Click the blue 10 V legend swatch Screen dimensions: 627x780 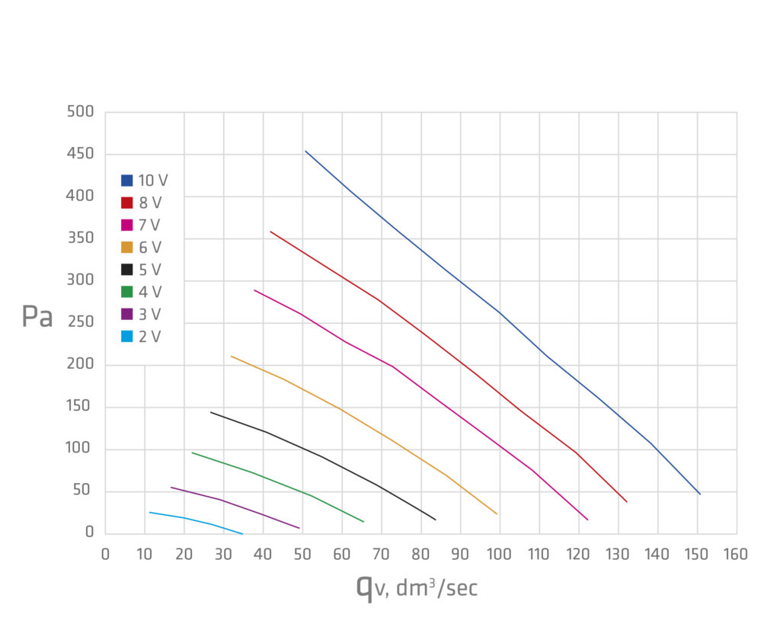tap(127, 181)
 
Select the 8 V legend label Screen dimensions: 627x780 tap(150, 203)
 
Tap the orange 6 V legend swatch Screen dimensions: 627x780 tap(127, 247)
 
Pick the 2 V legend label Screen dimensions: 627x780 tap(149, 336)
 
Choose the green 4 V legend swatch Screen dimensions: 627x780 tap(127, 292)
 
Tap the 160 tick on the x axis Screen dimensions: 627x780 tap(736, 554)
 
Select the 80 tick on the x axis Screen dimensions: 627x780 tap(420, 554)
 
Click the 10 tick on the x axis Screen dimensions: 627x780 tap(145, 554)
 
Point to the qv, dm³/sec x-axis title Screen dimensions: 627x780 tap(417, 587)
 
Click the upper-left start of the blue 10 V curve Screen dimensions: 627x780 tap(305, 151)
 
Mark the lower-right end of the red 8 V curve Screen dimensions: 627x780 tap(627, 501)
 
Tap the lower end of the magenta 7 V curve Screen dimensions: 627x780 tap(587, 520)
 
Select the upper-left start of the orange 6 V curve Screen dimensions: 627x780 tap(231, 356)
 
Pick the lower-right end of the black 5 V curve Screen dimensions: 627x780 tap(436, 520)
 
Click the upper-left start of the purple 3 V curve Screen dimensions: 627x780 tap(171, 487)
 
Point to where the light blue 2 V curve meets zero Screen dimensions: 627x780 tap(243, 533)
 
